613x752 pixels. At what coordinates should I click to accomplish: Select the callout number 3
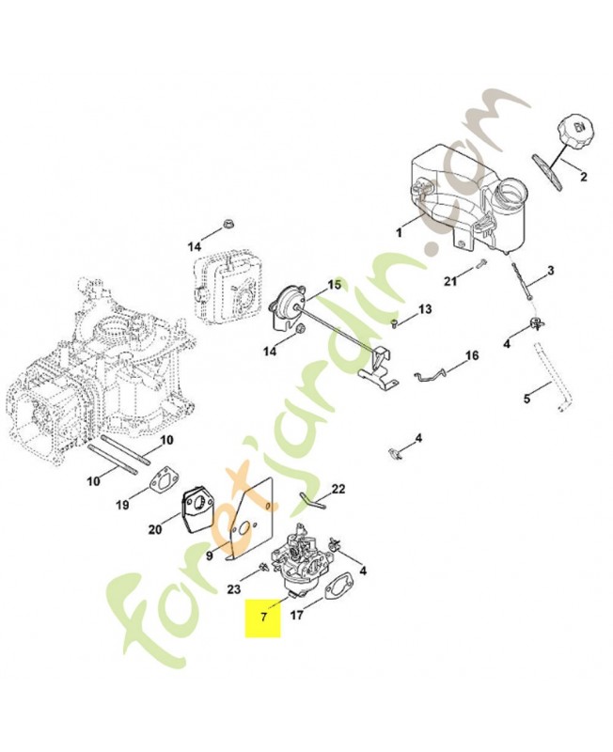(x=551, y=271)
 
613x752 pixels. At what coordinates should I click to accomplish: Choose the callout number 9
(x=210, y=556)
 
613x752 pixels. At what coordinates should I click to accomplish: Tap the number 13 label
(x=425, y=309)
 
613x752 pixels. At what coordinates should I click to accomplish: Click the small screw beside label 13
(x=395, y=322)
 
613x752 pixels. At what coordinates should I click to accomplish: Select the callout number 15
(x=334, y=284)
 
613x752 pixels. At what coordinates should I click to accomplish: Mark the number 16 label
(x=471, y=356)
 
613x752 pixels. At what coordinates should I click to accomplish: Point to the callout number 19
(x=121, y=506)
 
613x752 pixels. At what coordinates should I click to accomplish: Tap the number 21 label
(x=449, y=280)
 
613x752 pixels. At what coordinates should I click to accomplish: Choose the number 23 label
(x=233, y=590)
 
